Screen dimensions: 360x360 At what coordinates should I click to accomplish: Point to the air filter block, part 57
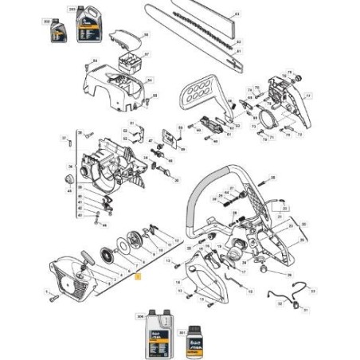(127, 61)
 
